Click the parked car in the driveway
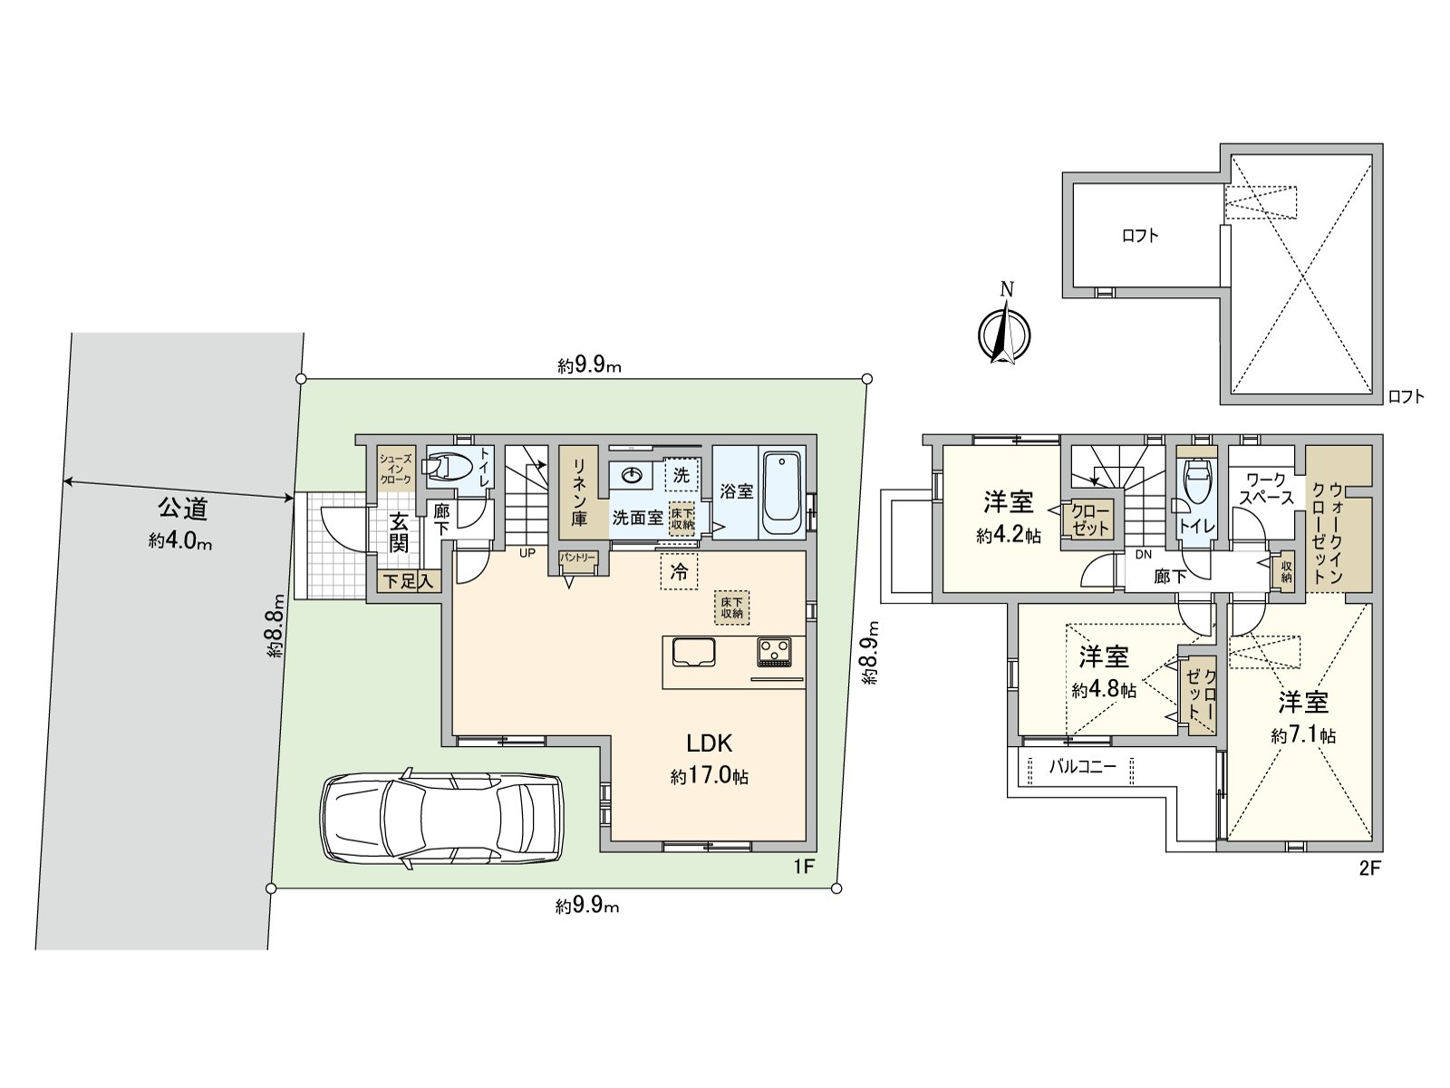click(x=441, y=818)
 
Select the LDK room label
click(x=710, y=743)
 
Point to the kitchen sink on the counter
click(x=693, y=652)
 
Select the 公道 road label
click(x=182, y=509)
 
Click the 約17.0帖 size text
click(x=710, y=776)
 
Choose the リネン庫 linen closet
click(x=579, y=492)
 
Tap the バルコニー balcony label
click(x=1083, y=767)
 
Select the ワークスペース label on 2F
click(x=1266, y=490)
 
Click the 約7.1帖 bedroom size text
click(x=1302, y=736)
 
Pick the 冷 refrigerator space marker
click(x=679, y=572)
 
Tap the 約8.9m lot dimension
click(x=874, y=651)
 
